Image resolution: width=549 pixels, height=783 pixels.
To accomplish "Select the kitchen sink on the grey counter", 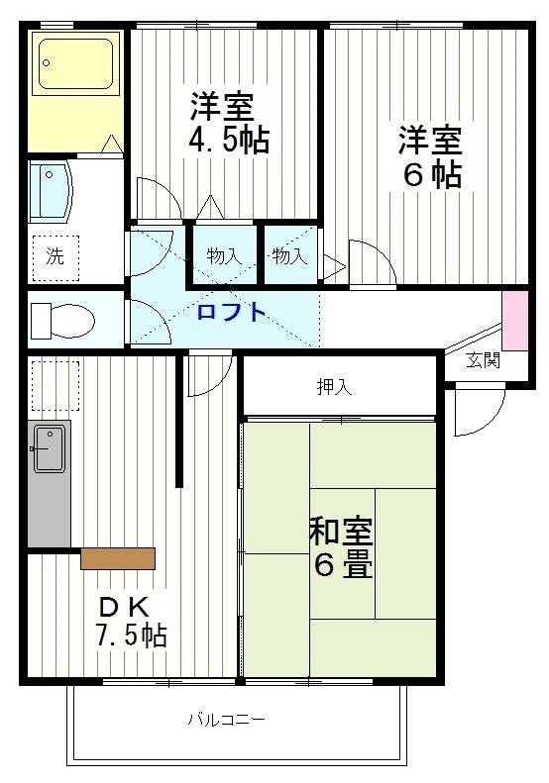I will pos(49,448).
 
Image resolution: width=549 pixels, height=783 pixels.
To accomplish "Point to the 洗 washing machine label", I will pos(55,256).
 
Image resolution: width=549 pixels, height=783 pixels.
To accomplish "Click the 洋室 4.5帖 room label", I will pos(228,122).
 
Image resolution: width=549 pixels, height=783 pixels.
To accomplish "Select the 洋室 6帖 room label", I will pos(430,155).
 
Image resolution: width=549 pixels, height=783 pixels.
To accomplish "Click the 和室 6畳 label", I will pos(341,547).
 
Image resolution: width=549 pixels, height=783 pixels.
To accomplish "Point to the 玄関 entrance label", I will pos(484,360).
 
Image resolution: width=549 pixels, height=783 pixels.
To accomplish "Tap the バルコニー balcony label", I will pos(227,720).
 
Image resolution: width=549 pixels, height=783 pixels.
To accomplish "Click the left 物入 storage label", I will pos(224,256).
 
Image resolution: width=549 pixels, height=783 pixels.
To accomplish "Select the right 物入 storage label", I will pos(289,256).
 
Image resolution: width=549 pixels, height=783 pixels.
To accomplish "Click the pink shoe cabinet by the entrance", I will pos(515,320).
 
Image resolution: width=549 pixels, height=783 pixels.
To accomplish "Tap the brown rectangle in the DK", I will pos(118,558).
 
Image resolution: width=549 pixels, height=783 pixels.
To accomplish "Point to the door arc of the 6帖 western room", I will pos(371,261).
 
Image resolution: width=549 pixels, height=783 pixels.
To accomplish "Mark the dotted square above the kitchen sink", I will pos(55,385).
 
